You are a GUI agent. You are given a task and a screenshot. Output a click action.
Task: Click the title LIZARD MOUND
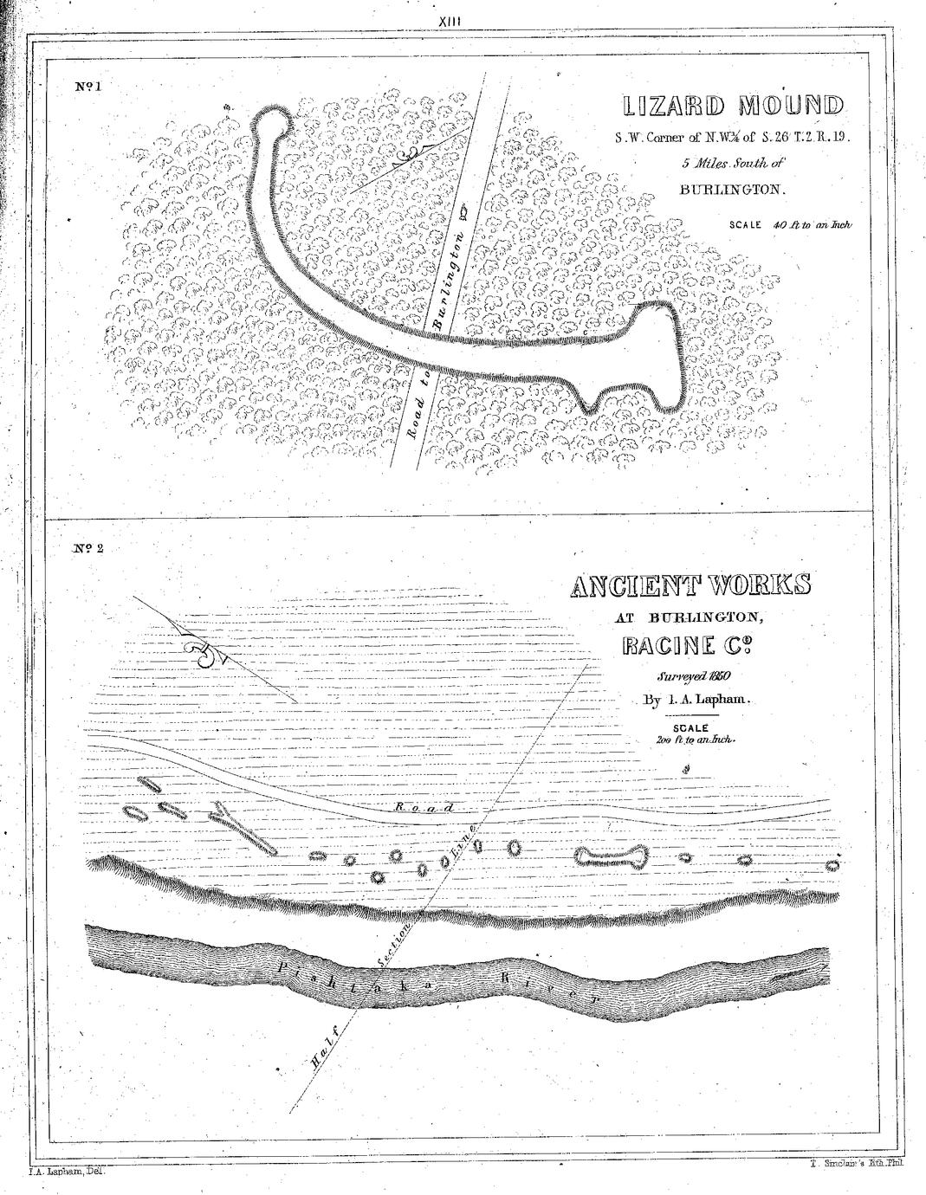point(732,107)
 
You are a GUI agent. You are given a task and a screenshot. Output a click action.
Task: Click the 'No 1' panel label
point(89,87)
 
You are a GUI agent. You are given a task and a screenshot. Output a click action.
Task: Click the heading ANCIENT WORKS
point(690,586)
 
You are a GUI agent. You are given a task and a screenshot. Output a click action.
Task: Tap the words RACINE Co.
point(690,646)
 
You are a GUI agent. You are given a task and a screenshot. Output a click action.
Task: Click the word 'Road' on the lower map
point(424,807)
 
